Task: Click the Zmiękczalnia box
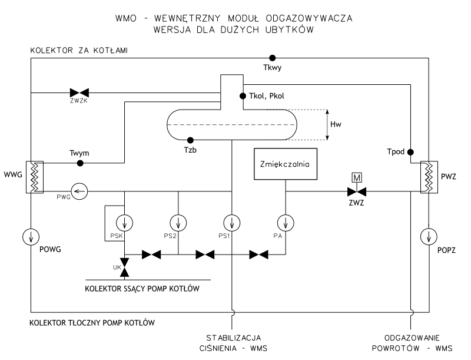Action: click(x=284, y=163)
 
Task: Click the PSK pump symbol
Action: click(x=125, y=223)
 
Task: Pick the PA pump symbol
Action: click(x=285, y=223)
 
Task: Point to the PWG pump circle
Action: click(x=79, y=190)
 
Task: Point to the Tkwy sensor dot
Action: click(x=272, y=58)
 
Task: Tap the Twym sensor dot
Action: click(x=81, y=163)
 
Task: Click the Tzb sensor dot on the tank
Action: click(x=190, y=140)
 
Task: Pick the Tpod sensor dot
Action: click(x=410, y=151)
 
